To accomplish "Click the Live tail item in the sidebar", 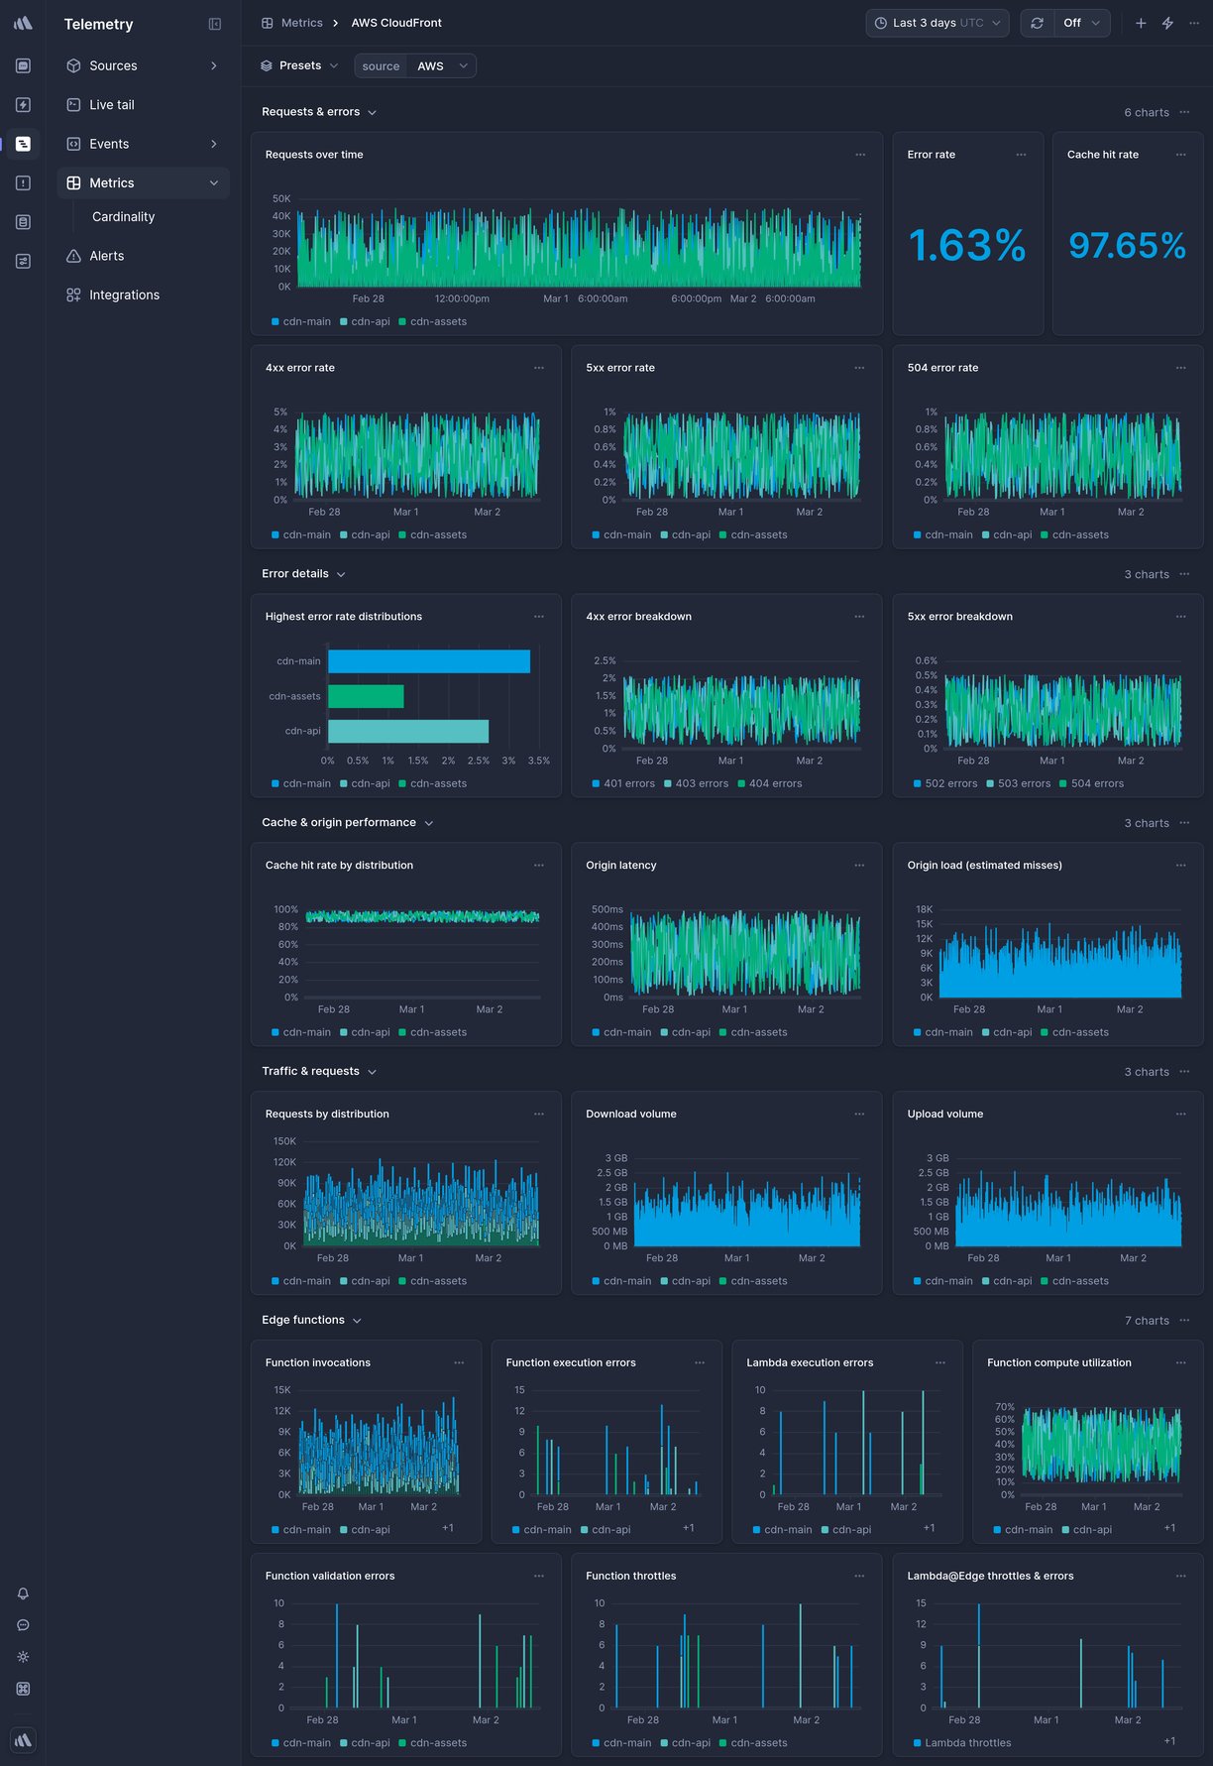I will click(111, 105).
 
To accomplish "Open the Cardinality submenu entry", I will click(123, 217).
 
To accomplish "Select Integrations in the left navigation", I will click(124, 295).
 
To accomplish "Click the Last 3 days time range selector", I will click(937, 23).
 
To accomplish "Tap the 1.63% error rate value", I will click(966, 246).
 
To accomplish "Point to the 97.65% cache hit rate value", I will click(1127, 246).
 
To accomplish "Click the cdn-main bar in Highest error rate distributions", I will click(428, 661).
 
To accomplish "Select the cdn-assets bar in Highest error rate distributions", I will click(366, 696).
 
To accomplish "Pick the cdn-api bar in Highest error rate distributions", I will click(407, 731).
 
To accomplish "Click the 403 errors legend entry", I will click(701, 784).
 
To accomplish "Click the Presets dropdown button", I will click(299, 66).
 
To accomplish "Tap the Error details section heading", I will click(295, 574).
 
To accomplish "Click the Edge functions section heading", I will click(303, 1321).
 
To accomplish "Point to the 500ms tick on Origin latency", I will click(606, 909).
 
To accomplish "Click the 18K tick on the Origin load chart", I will click(924, 909).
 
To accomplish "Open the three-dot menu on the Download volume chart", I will click(859, 1115).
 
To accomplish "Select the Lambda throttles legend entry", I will click(967, 1743).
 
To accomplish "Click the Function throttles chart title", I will click(630, 1577).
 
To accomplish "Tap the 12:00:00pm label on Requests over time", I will click(462, 299).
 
